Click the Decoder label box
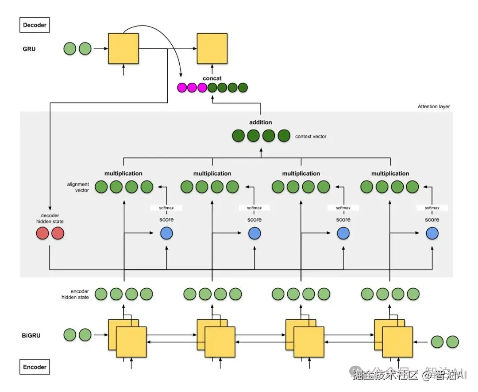tap(35, 25)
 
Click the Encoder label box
tap(35, 367)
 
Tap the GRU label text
tap(29, 49)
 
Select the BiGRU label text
tap(31, 335)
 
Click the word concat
tap(212, 78)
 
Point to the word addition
tap(261, 122)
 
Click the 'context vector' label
tap(311, 137)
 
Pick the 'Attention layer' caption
tap(433, 106)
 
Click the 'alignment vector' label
tap(78, 187)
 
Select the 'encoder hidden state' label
tap(75, 294)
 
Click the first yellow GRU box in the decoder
tap(123, 49)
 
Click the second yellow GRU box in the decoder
tap(212, 49)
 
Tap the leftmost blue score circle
tap(166, 233)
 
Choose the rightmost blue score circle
tap(432, 233)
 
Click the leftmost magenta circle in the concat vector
tap(182, 88)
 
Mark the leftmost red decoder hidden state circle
tap(42, 233)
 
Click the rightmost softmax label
tap(432, 208)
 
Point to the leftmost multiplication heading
tap(123, 173)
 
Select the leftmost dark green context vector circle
tap(239, 136)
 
